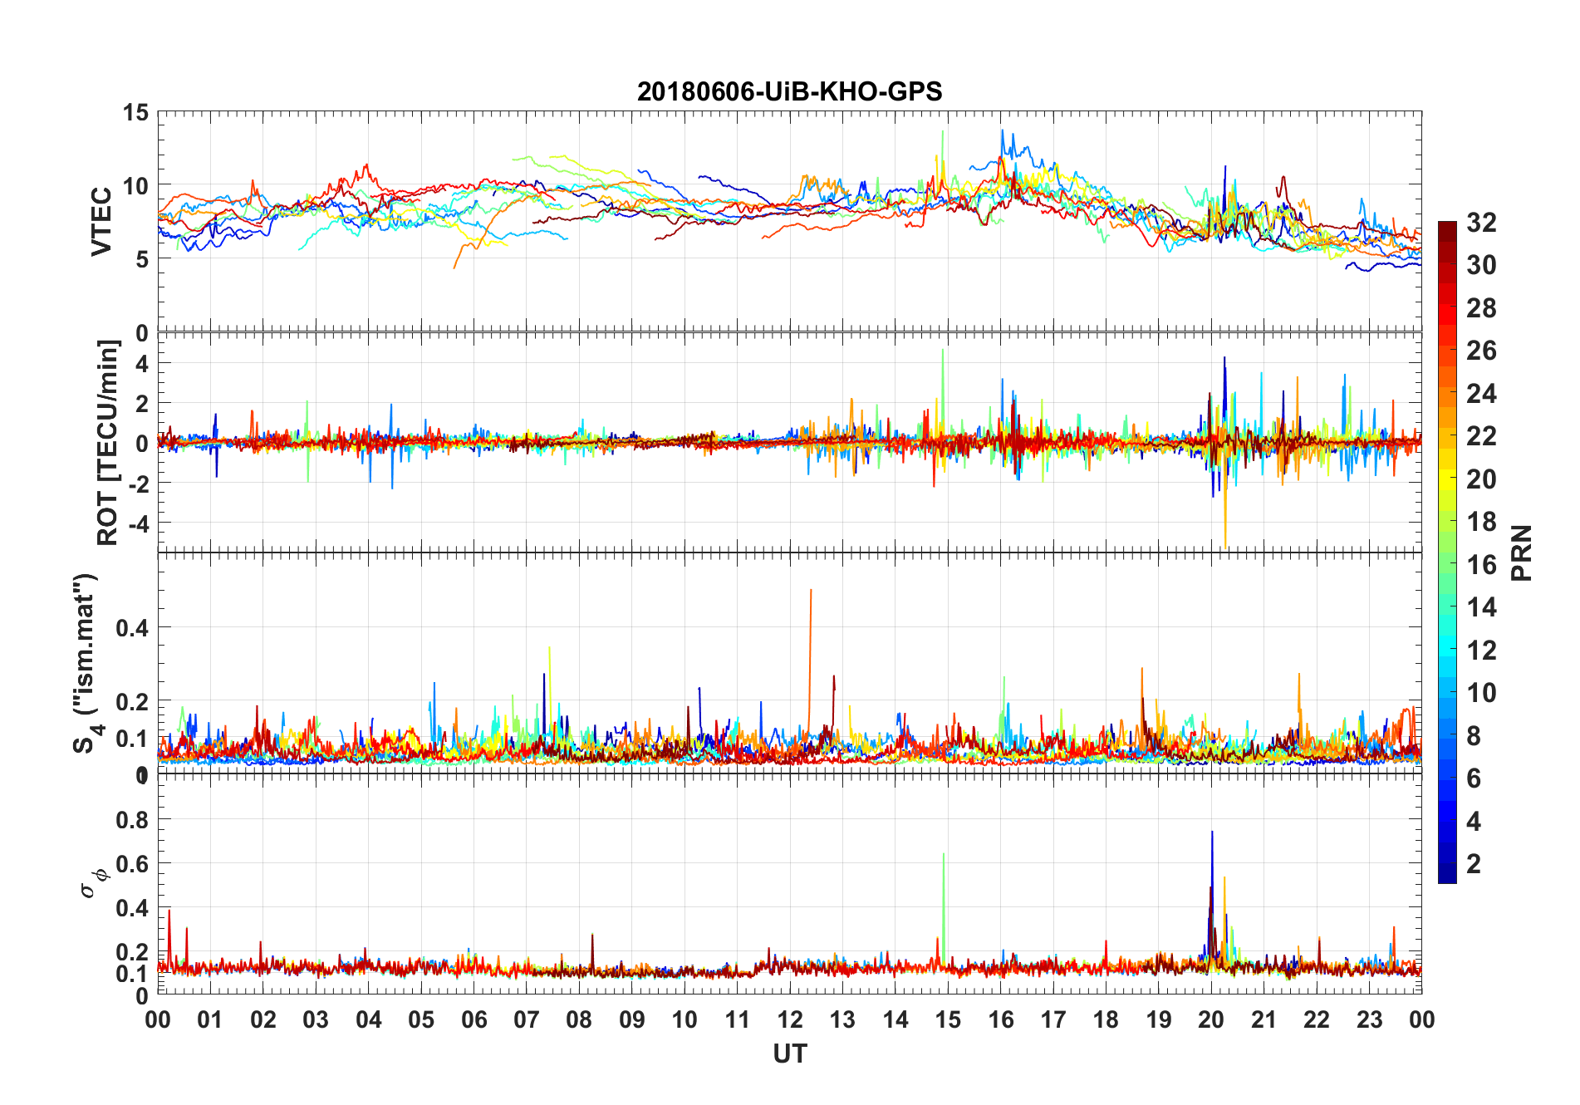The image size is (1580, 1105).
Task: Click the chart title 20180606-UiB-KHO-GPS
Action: point(789,91)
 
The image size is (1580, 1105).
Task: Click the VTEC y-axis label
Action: point(101,222)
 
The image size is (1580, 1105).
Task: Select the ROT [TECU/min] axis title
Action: point(108,442)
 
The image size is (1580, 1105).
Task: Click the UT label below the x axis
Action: point(789,1054)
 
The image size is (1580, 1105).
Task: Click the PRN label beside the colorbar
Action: point(1521,553)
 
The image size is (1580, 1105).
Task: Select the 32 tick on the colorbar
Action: point(1481,223)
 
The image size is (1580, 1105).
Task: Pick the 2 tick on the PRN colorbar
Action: point(1474,864)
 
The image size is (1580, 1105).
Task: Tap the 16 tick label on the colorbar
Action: point(1481,565)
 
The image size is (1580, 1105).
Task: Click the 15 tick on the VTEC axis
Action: point(136,113)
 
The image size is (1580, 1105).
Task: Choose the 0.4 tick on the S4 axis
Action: point(132,628)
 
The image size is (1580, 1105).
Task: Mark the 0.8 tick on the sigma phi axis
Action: point(132,820)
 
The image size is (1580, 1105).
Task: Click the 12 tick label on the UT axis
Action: point(790,1020)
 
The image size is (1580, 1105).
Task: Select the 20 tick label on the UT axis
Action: point(1211,1020)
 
